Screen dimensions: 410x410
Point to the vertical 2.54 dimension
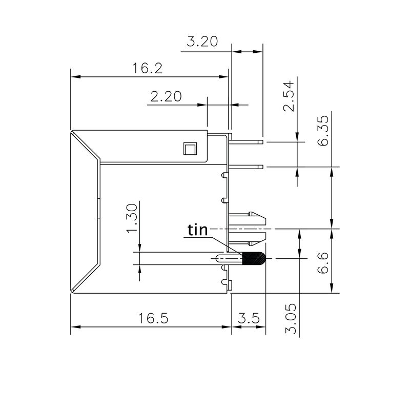point(290,96)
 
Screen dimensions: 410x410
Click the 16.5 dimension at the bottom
point(153,318)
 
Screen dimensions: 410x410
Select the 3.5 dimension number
point(248,318)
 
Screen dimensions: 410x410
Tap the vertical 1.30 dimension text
point(132,217)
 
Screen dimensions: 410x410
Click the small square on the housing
point(189,149)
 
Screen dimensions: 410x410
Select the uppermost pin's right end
point(261,141)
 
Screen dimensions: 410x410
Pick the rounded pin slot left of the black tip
point(225,259)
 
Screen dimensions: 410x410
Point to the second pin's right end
point(261,167)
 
